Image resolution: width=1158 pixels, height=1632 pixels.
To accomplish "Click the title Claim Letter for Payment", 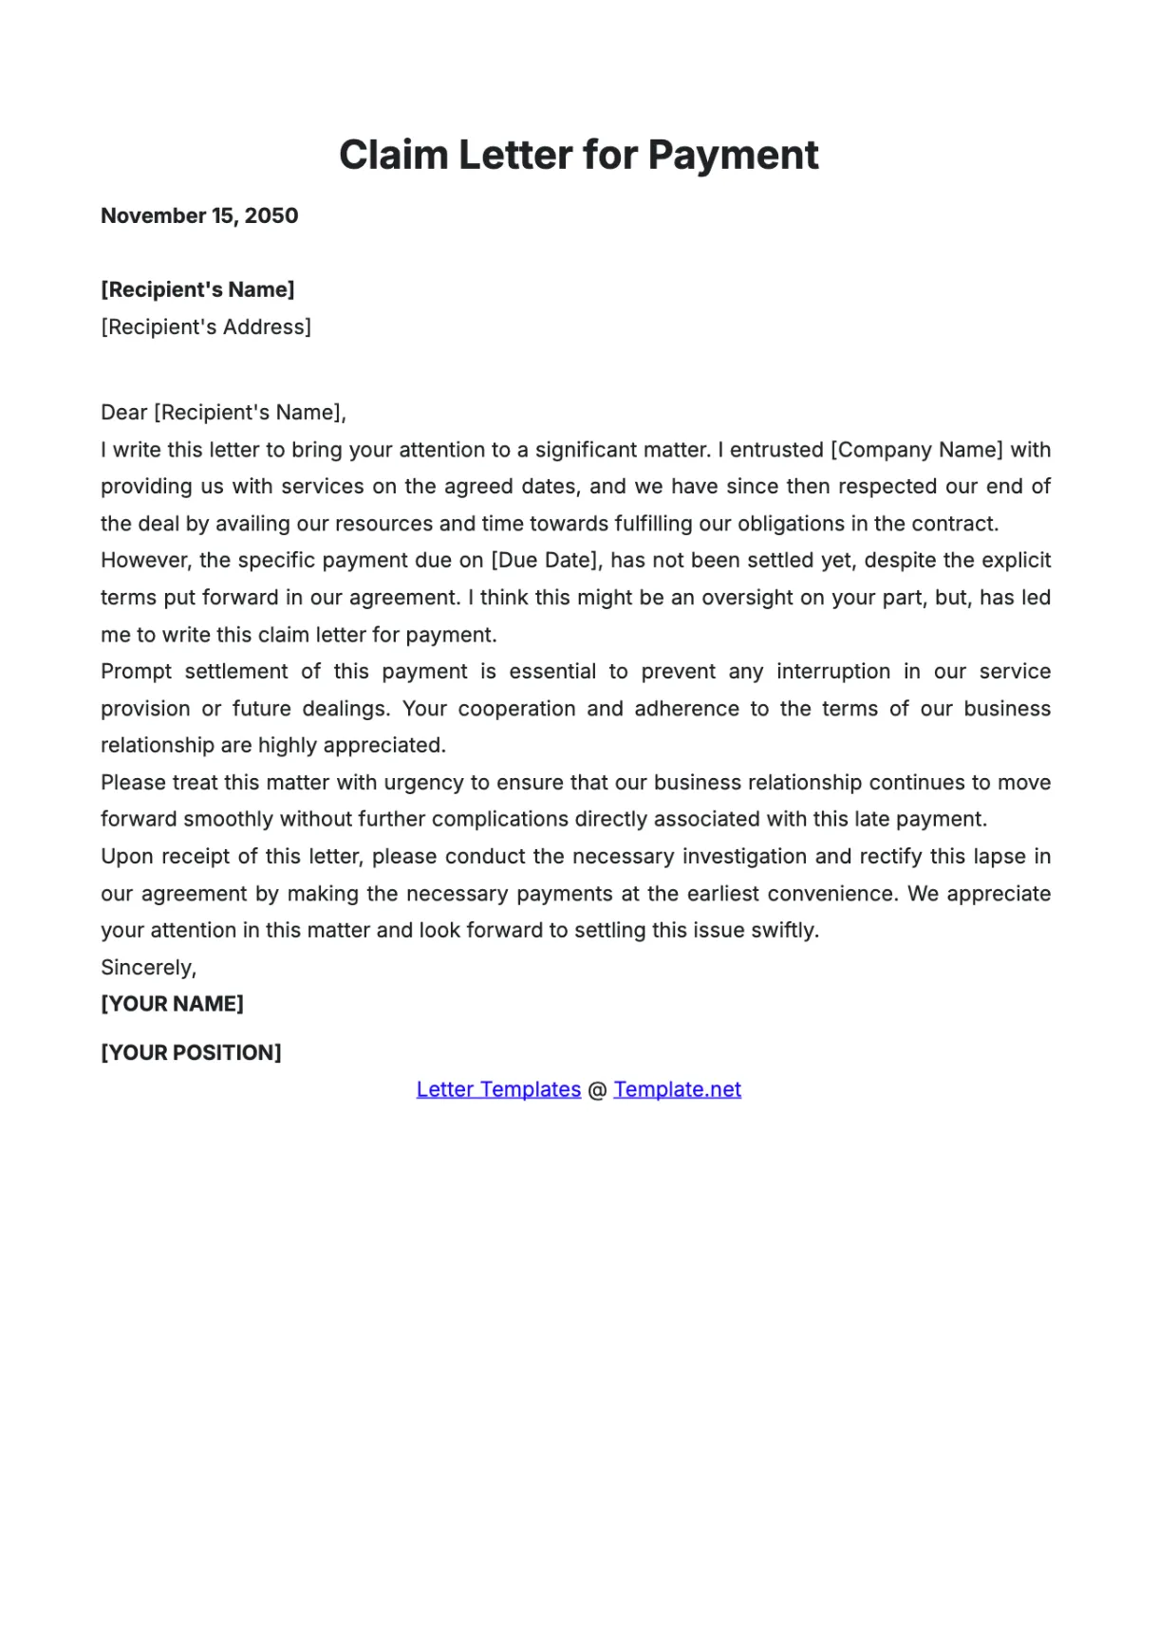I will click(x=578, y=156).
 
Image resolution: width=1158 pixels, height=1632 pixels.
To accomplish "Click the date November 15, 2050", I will click(x=199, y=216).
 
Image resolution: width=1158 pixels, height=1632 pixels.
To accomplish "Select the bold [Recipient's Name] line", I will click(x=197, y=289).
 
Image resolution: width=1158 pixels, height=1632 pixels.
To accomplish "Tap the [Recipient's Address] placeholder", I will click(x=206, y=327).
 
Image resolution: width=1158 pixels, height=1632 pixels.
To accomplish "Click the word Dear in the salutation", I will click(x=124, y=413).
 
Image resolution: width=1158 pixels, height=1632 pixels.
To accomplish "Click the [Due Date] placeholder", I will click(x=546, y=561).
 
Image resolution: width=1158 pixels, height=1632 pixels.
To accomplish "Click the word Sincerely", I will click(x=148, y=968).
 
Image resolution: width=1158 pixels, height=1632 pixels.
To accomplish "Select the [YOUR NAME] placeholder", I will click(x=172, y=1004).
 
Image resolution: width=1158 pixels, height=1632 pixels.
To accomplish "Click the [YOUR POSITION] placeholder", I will click(x=191, y=1053).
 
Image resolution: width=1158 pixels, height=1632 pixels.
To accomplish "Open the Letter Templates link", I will click(x=498, y=1090).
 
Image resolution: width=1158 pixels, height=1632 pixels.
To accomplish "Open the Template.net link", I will click(x=677, y=1090).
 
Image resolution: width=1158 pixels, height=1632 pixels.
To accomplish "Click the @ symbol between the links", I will click(x=597, y=1090).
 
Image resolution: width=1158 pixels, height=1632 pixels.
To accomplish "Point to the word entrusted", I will click(x=776, y=450).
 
